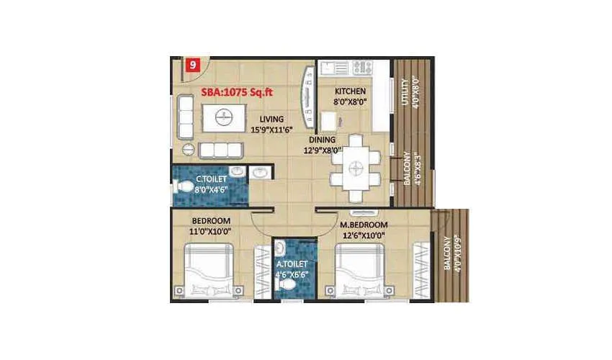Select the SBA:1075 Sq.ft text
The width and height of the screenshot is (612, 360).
pyautogui.click(x=237, y=93)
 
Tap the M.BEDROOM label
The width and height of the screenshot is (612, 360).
pyautogui.click(x=362, y=224)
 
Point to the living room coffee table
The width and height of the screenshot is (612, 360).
pyautogui.click(x=222, y=116)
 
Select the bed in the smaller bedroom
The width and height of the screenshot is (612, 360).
pyautogui.click(x=209, y=271)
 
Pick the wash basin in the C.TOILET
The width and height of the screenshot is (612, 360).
pyautogui.click(x=258, y=173)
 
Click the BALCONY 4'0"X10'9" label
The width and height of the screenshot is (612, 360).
pyautogui.click(x=451, y=253)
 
